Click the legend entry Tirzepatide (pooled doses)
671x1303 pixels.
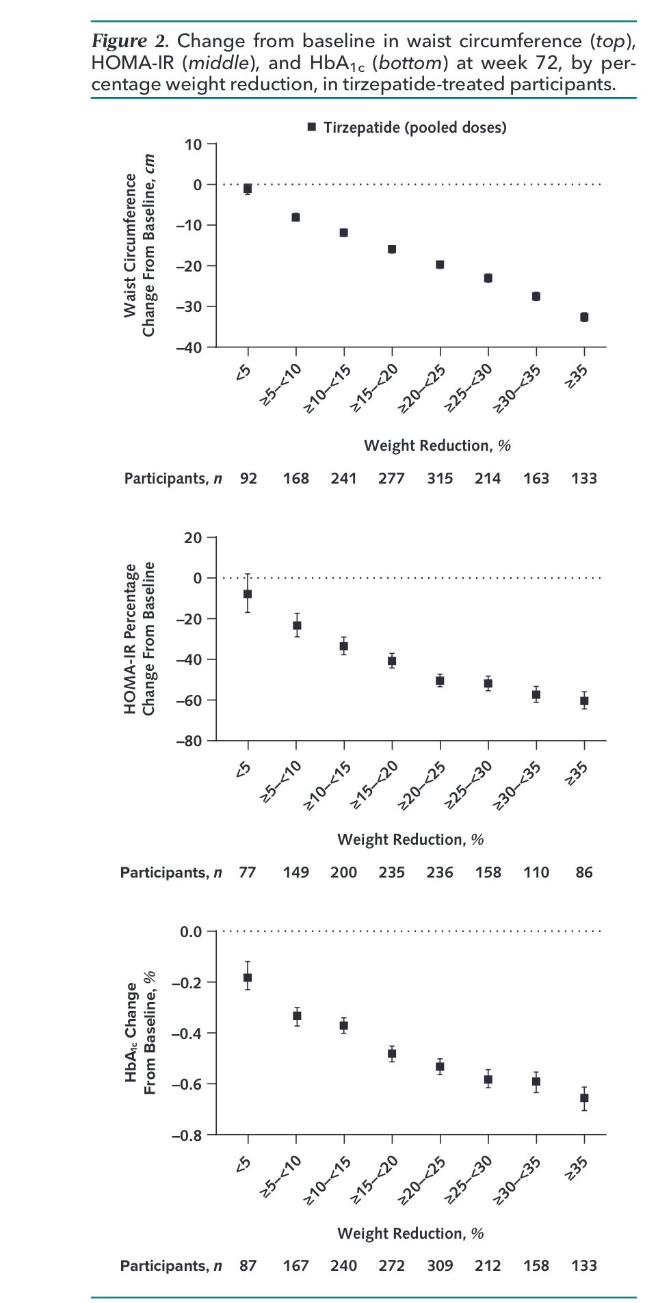tap(408, 127)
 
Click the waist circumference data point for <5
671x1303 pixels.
tap(248, 189)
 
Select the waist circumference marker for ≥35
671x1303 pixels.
tap(584, 317)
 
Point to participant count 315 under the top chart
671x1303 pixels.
tap(440, 479)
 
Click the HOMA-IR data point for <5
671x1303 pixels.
tap(248, 594)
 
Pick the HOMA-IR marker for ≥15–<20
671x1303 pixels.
tap(392, 661)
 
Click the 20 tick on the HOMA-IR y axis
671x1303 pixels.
tap(194, 538)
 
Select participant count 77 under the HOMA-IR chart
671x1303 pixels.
tap(248, 873)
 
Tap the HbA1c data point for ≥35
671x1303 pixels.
tap(584, 1098)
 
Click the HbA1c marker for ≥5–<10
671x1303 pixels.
tap(296, 1016)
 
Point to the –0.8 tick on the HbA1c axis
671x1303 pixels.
tap(187, 1135)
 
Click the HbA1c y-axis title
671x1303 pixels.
tap(141, 1033)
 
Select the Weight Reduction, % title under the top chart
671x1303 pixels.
tap(438, 446)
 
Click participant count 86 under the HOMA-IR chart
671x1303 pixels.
tap(584, 873)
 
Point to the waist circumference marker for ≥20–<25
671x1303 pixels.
tap(440, 265)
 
